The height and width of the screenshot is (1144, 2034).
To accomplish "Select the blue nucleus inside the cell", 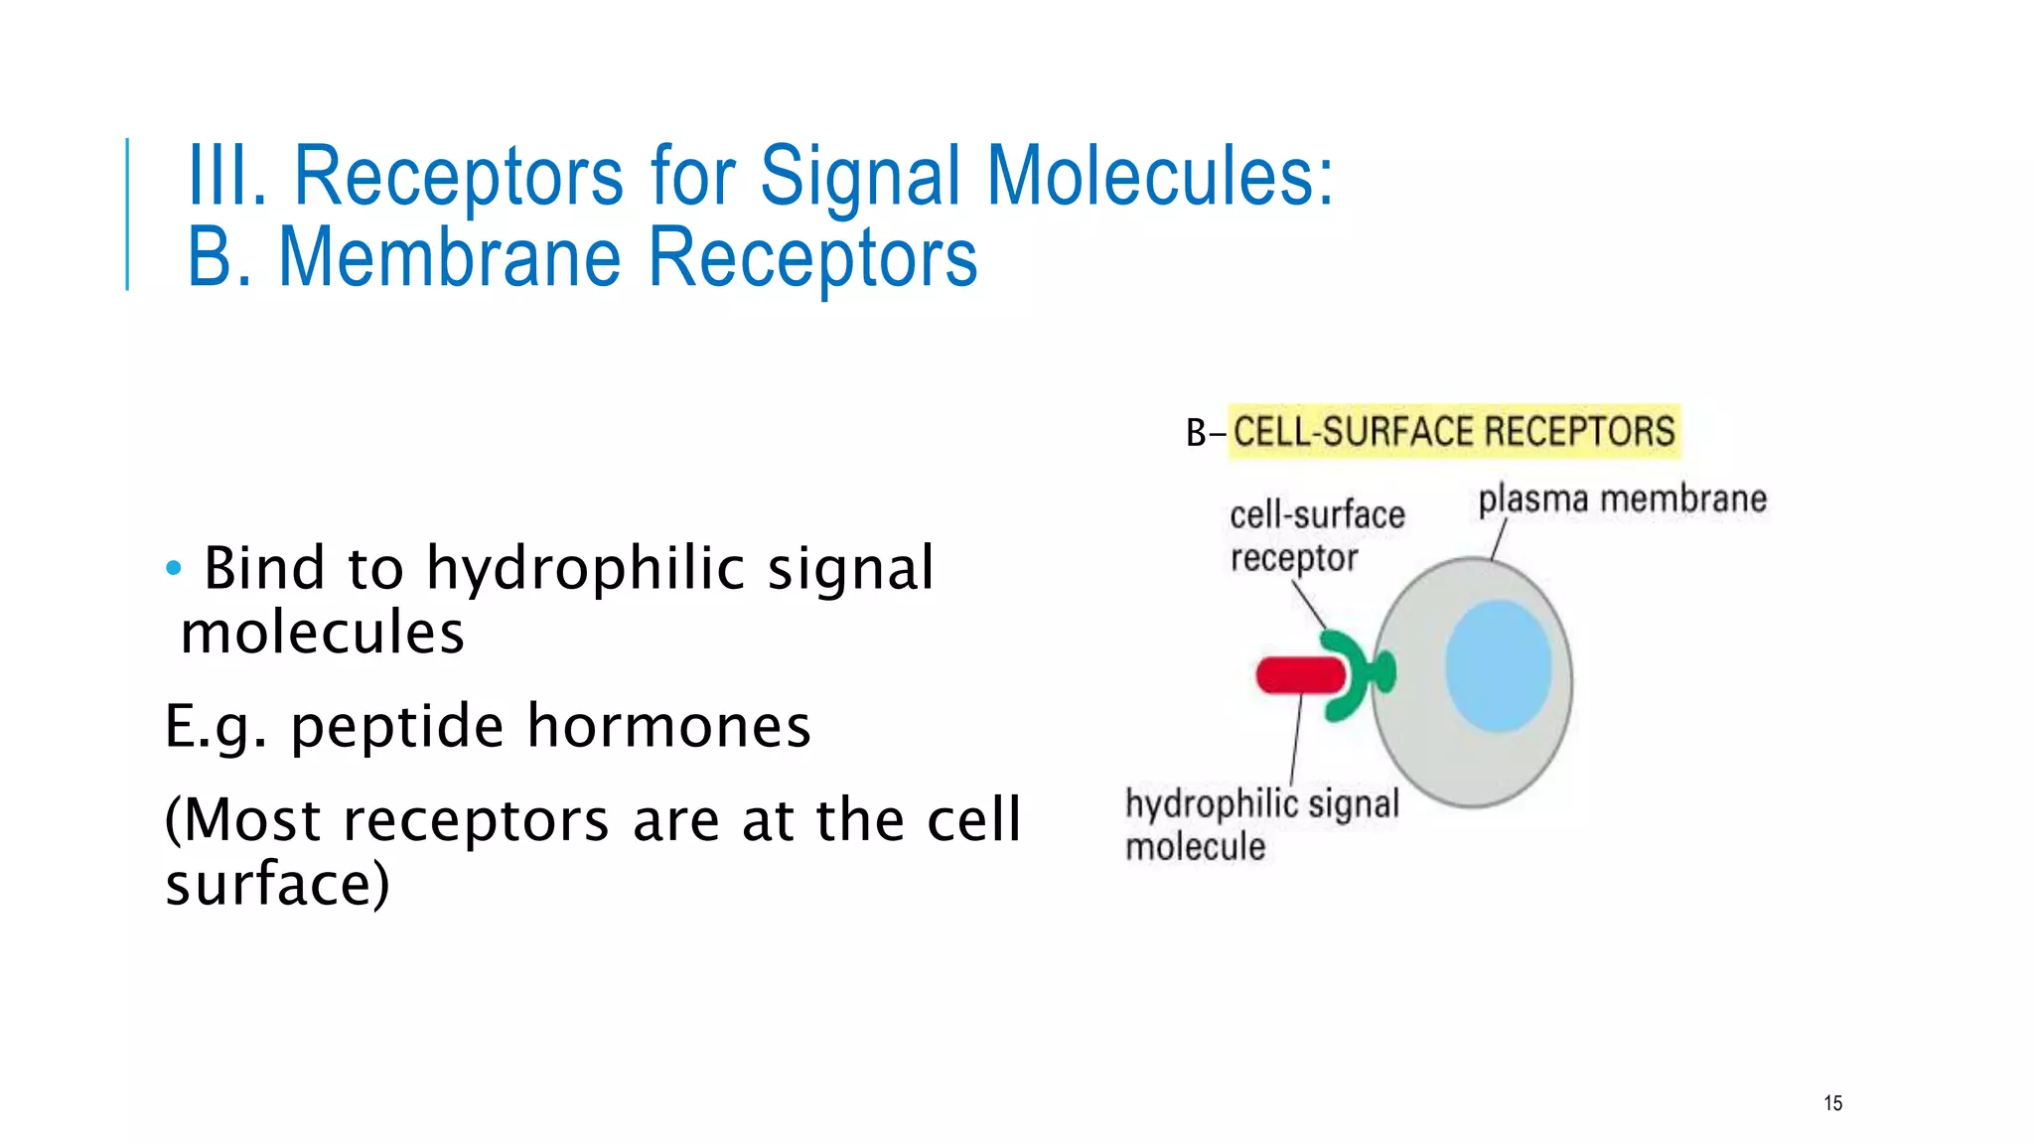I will tap(1498, 666).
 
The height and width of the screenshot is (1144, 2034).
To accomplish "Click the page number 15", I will tap(1832, 1103).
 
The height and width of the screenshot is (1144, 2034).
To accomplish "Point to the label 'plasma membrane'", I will tap(1622, 500).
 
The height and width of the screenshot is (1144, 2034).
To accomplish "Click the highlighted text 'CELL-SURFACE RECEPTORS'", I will tap(1454, 432).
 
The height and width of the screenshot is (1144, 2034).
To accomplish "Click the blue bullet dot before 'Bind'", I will tap(174, 569).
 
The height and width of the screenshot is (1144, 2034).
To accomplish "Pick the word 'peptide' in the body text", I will tap(397, 726).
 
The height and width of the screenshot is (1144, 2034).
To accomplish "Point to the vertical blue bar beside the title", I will tap(127, 214).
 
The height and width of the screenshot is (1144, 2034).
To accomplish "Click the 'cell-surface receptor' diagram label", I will tap(1315, 536).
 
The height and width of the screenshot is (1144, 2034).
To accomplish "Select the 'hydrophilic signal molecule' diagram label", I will tap(1260, 824).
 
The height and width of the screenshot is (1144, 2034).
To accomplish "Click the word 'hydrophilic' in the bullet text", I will tap(586, 569).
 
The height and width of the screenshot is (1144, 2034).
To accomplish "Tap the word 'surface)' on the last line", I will tap(277, 884).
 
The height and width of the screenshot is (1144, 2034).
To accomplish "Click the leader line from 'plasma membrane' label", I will tap(1500, 540).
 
